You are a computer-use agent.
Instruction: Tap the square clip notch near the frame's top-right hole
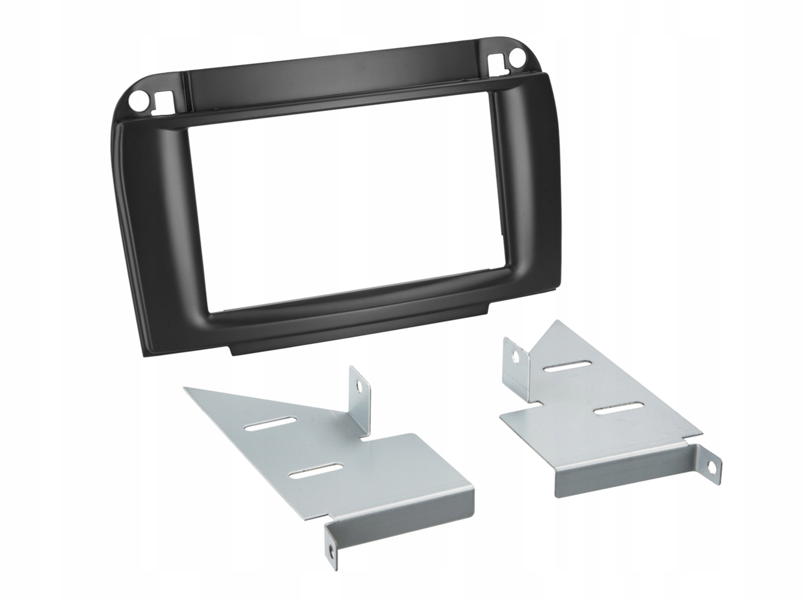pos(496,61)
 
